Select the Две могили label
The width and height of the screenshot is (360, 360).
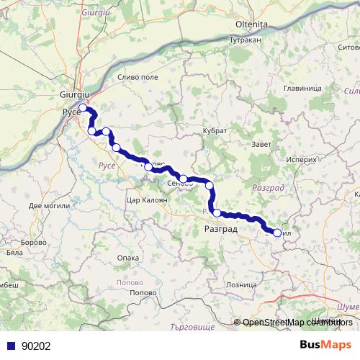[50, 206]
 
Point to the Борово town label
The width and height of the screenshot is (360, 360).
[33, 243]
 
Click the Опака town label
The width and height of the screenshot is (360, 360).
[127, 257]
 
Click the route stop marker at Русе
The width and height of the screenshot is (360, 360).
[83, 108]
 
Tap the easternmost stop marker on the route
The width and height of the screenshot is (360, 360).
[277, 233]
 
